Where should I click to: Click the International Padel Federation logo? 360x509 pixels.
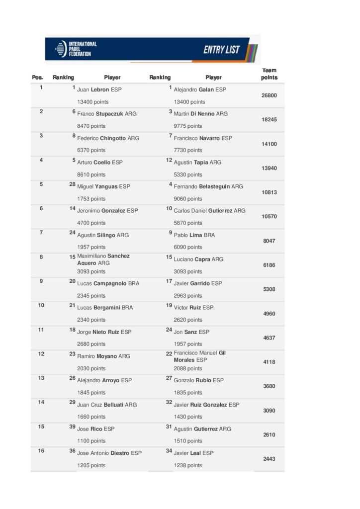pos(76,49)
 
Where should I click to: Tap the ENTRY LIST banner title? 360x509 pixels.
pos(221,50)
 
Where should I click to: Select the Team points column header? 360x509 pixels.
pos(269,74)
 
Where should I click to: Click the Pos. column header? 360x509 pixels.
pos(38,78)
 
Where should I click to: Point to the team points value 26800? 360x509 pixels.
pos(269,95)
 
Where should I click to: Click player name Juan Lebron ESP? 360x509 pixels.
pos(99,90)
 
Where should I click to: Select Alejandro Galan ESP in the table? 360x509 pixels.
pos(199,90)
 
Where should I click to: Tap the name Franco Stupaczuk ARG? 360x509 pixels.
pos(106,114)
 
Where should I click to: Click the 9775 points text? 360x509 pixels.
pos(188,126)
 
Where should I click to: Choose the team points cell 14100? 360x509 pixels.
pos(269,144)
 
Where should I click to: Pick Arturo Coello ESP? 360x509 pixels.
pos(99,163)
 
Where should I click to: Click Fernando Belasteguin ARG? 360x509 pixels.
pos(208,187)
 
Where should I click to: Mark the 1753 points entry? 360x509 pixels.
pos(91,199)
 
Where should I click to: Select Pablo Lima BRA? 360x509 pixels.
pos(194,235)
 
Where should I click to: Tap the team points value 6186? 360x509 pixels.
pos(269,265)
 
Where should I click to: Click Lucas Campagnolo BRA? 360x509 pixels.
pos(108,283)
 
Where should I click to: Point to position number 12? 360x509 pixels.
pos(41,354)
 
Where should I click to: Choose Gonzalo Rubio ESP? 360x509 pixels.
pos(198,381)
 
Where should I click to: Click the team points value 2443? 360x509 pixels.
pos(269,459)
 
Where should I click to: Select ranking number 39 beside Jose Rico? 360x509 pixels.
pos(72,427)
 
